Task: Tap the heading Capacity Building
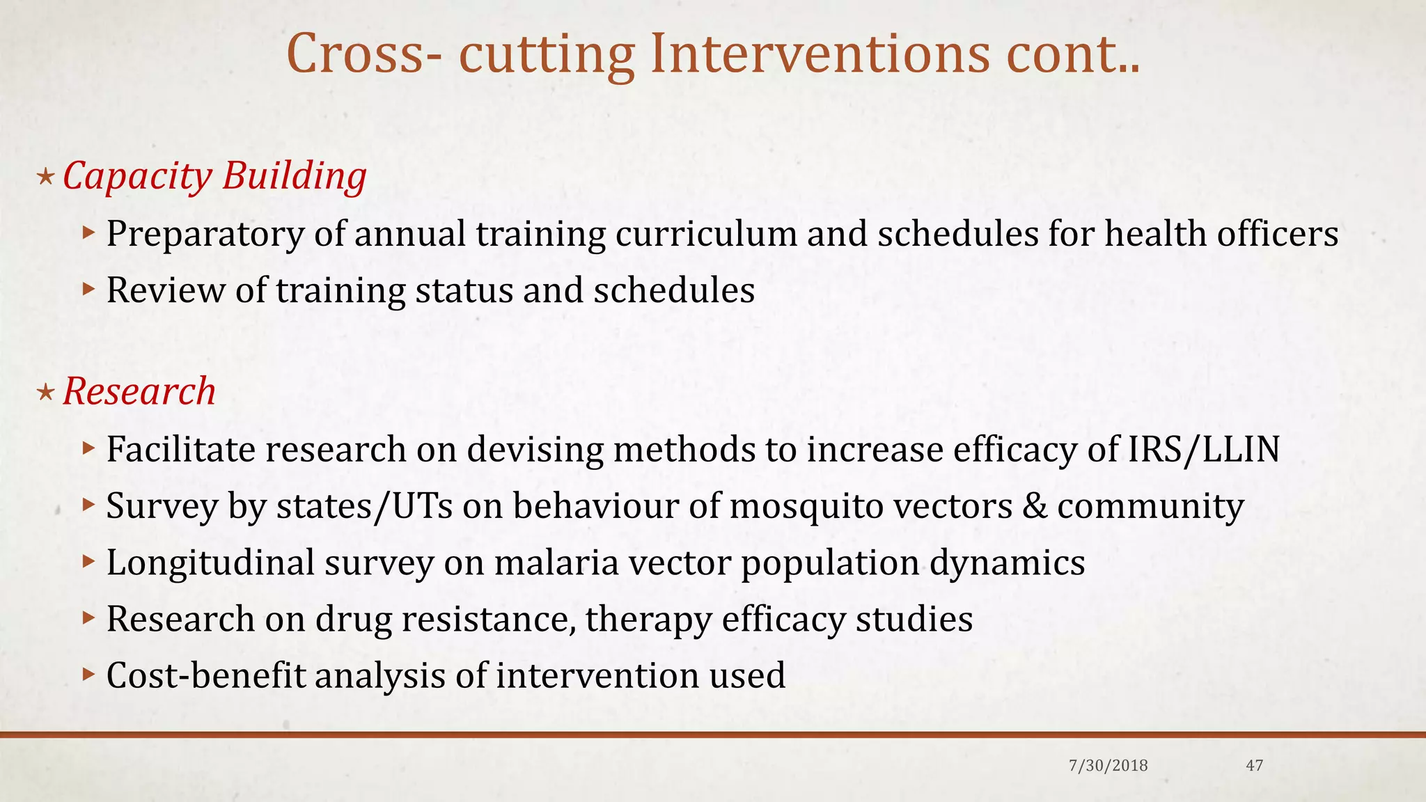214,176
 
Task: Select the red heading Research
139,391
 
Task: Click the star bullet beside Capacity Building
45,177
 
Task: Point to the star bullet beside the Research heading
45,393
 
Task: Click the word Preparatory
205,235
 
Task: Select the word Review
165,290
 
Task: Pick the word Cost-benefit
206,675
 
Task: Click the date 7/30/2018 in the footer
1108,766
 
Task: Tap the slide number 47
1254,766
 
